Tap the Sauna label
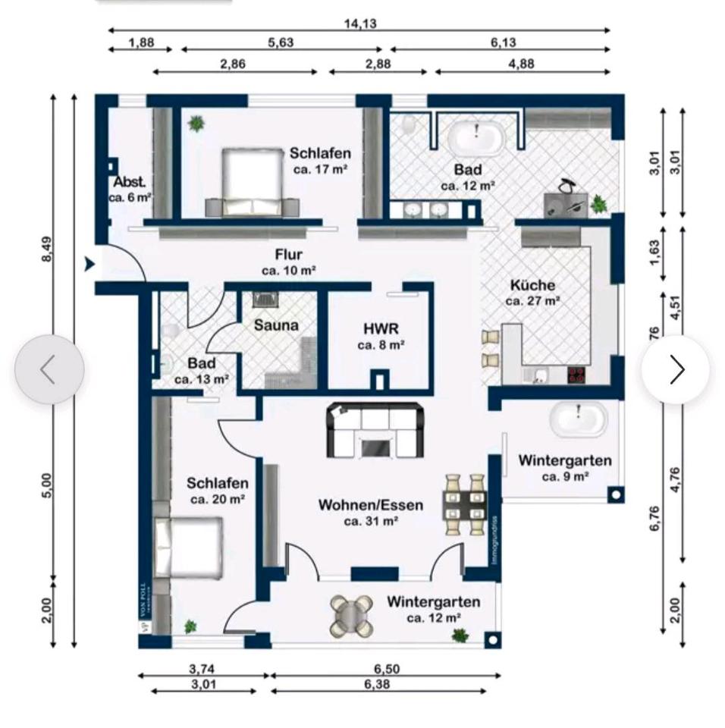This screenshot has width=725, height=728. pyautogui.click(x=276, y=325)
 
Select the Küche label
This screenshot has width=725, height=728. pyautogui.click(x=532, y=286)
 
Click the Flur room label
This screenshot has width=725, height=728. pyautogui.click(x=289, y=255)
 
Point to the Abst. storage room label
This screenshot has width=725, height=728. pyautogui.click(x=130, y=183)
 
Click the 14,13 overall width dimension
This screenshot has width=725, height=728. pyautogui.click(x=359, y=23)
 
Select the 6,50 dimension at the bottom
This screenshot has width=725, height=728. pyautogui.click(x=386, y=669)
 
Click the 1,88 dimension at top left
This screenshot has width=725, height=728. pyautogui.click(x=140, y=42)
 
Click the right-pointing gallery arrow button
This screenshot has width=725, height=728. pyautogui.click(x=676, y=369)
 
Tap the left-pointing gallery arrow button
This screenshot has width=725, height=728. pyautogui.click(x=49, y=369)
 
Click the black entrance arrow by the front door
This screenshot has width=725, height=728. pyautogui.click(x=89, y=264)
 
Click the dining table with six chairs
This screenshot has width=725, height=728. pyautogui.click(x=464, y=504)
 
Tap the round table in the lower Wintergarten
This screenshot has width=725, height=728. pyautogui.click(x=352, y=614)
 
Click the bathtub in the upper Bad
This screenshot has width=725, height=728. pyautogui.click(x=475, y=139)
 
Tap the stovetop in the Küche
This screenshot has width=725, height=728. pyautogui.click(x=577, y=374)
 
